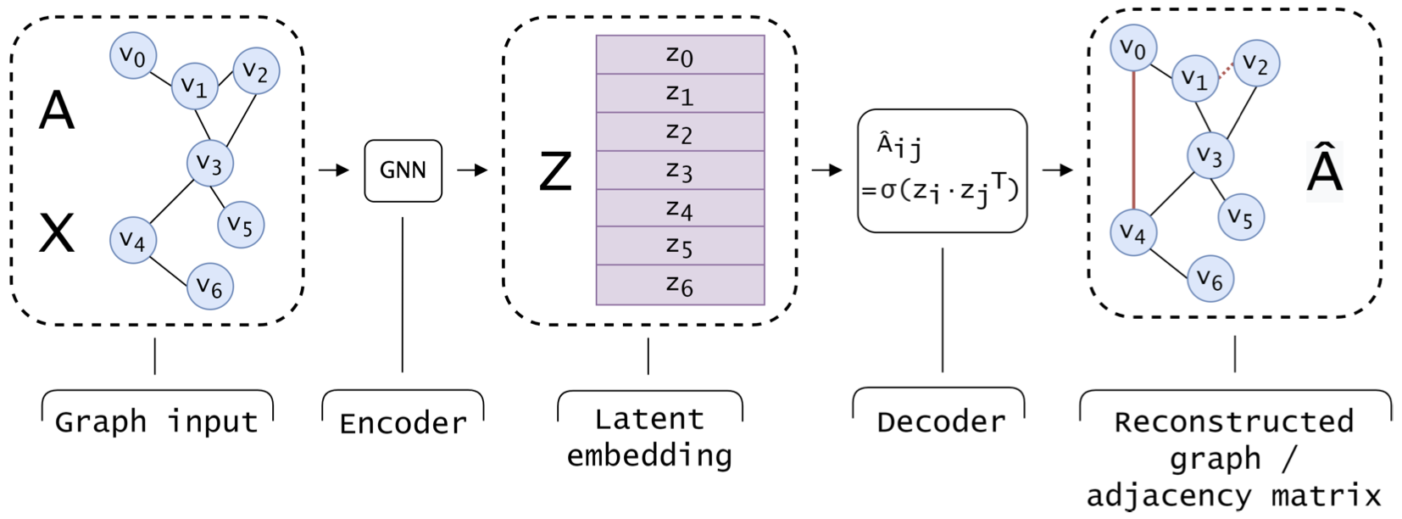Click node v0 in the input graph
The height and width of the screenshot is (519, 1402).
click(133, 56)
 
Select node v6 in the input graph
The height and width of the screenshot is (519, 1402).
click(209, 286)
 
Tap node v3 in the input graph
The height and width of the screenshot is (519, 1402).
click(209, 163)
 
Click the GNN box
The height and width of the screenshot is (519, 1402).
click(403, 170)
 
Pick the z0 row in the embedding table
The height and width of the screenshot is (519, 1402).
click(680, 55)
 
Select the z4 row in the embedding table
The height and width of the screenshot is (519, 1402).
click(680, 208)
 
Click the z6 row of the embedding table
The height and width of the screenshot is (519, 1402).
click(680, 285)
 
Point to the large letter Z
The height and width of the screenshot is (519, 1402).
click(556, 171)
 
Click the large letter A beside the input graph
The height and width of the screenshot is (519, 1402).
click(57, 110)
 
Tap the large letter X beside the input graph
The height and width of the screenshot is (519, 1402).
click(57, 233)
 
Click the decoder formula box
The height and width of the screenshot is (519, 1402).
click(942, 170)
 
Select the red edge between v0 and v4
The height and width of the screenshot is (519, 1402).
click(1133, 140)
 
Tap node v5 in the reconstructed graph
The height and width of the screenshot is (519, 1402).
click(1241, 217)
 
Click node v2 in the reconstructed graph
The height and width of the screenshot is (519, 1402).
click(1255, 64)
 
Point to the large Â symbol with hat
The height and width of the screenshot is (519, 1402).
click(1325, 170)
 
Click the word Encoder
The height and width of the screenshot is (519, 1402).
click(403, 422)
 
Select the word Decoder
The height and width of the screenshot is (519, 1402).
click(941, 421)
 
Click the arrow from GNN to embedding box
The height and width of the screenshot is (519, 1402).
click(472, 170)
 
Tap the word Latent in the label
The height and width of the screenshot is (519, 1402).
click(649, 419)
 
